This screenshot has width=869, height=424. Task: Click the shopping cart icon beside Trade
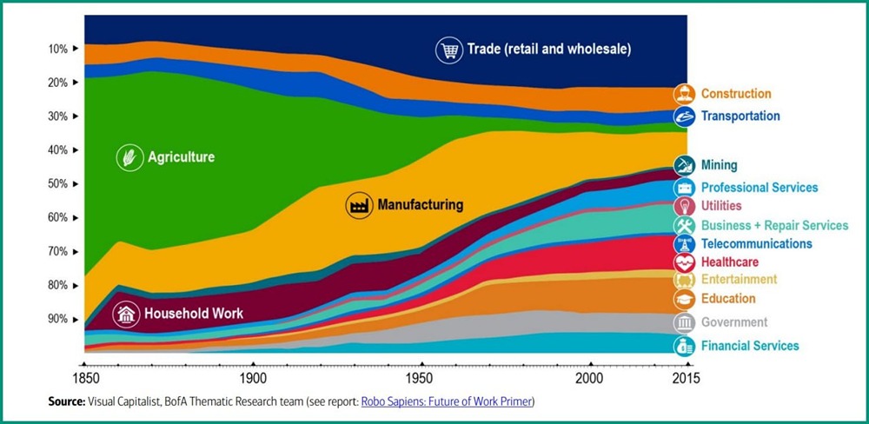(x=448, y=50)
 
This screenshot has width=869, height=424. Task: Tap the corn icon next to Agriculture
(x=129, y=157)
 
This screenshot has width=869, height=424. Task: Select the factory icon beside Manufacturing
(x=359, y=205)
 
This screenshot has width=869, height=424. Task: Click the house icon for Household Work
(x=127, y=314)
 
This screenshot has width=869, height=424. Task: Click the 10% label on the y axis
(x=57, y=49)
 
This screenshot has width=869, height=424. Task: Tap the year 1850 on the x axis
(x=83, y=379)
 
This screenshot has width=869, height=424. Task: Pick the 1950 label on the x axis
(x=421, y=379)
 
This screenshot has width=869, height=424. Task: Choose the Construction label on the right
(x=736, y=94)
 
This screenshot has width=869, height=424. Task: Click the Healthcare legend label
(x=730, y=262)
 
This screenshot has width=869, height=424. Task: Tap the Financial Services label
(x=750, y=346)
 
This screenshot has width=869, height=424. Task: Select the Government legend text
(x=734, y=322)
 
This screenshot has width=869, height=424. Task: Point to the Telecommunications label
(x=757, y=244)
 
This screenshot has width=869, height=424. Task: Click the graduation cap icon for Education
(x=685, y=300)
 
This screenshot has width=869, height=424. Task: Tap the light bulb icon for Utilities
(x=685, y=207)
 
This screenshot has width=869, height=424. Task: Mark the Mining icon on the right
(x=685, y=165)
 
